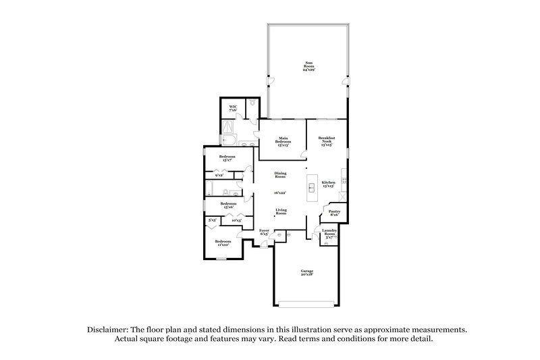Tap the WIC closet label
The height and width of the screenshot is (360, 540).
coord(233,108)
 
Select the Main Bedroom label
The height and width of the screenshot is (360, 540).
coord(283,141)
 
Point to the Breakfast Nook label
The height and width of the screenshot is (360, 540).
coord(327,141)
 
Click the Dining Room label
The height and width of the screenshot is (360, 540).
coord(280,175)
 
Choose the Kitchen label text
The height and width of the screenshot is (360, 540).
coord(328,183)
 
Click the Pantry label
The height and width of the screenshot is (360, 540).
coord(334,212)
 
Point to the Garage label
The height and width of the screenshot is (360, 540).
coord(307,273)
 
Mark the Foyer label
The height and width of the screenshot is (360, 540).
coord(265,232)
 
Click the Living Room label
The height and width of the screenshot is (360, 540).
coord(281,211)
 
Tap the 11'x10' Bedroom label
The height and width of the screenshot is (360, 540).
coord(223,242)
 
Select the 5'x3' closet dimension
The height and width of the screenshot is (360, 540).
coord(212,220)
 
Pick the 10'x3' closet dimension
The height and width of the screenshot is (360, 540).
coord(236,220)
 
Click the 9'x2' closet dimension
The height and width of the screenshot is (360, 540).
coord(219,176)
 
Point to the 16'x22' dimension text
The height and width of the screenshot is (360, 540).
coord(280,192)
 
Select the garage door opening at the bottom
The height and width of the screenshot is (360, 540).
coord(307,301)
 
